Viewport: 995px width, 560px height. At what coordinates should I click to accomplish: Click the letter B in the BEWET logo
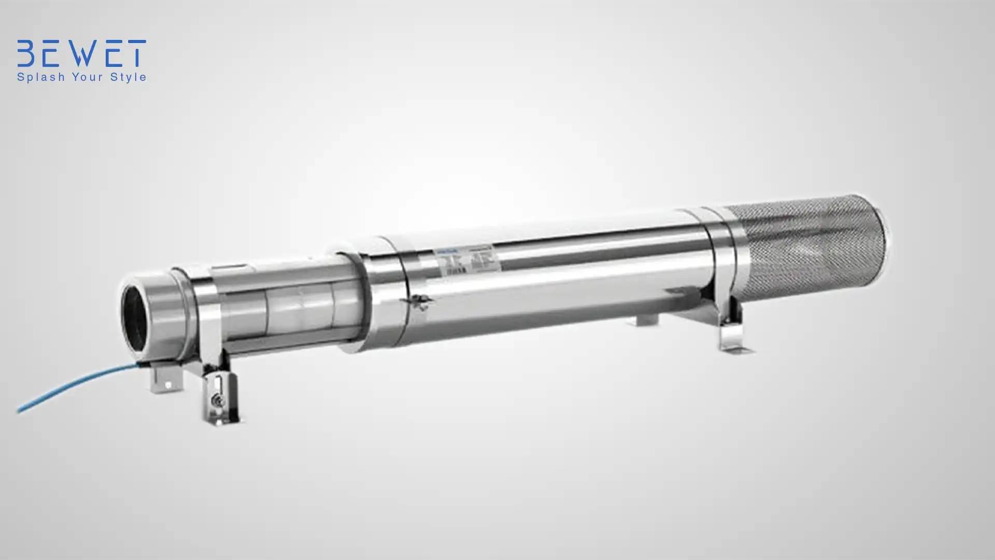click(x=26, y=53)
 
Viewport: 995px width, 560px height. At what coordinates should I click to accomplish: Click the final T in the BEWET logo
click(x=137, y=53)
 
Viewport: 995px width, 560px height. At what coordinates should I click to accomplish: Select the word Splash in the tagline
click(x=41, y=77)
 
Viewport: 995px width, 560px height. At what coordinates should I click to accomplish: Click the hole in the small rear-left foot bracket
click(x=167, y=385)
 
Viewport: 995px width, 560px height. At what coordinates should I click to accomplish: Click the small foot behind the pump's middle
click(x=647, y=320)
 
